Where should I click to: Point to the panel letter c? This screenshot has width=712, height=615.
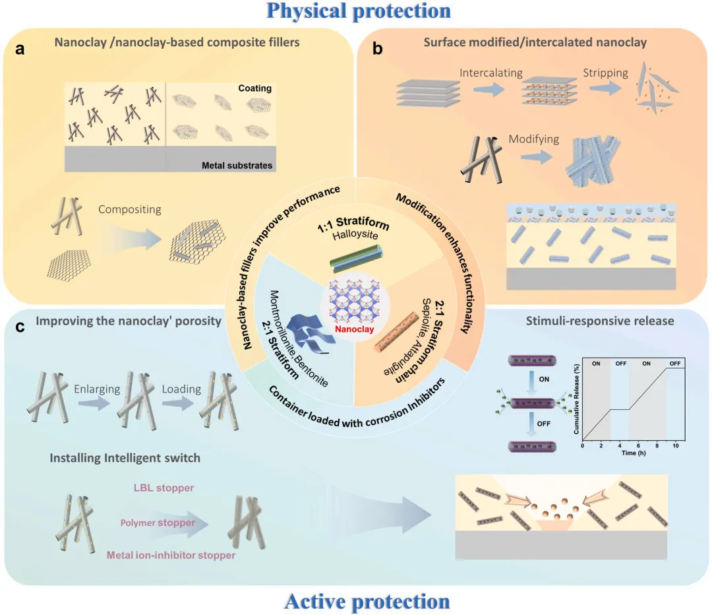click(x=20, y=326)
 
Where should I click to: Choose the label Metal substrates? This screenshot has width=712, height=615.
click(x=237, y=165)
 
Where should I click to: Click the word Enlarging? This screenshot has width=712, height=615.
click(x=97, y=389)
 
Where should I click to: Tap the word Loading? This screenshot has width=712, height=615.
click(x=181, y=389)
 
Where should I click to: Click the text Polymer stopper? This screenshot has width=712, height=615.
click(x=158, y=523)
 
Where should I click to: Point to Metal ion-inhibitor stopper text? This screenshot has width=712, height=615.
click(x=171, y=556)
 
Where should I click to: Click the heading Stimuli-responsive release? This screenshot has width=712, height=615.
click(x=600, y=322)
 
